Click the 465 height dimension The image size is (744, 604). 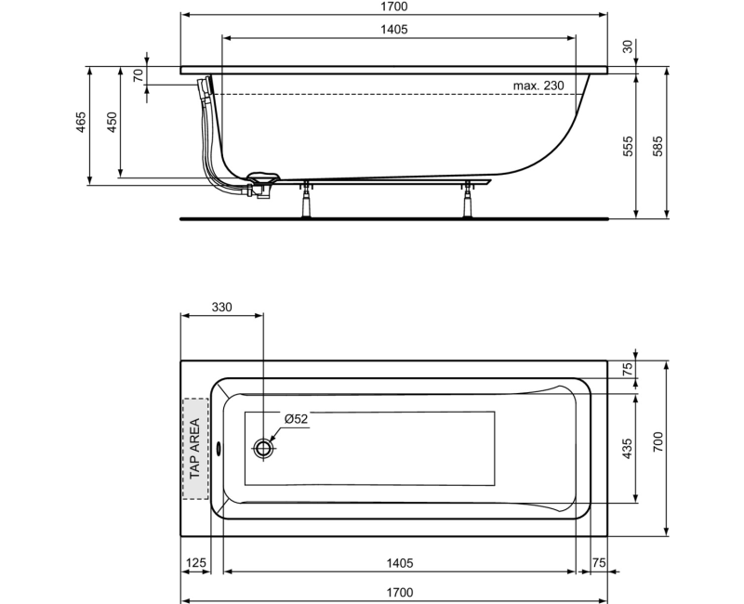[81, 125]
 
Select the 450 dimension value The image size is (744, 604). [113, 125]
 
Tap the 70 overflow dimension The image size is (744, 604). [138, 76]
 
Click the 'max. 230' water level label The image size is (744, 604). [538, 85]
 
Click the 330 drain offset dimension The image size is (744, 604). [221, 307]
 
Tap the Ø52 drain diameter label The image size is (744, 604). [296, 419]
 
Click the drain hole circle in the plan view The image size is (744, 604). [264, 449]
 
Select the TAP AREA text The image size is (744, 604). [195, 449]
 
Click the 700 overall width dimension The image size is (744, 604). [658, 448]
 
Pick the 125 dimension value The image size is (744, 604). [195, 564]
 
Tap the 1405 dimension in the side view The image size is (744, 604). [394, 29]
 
